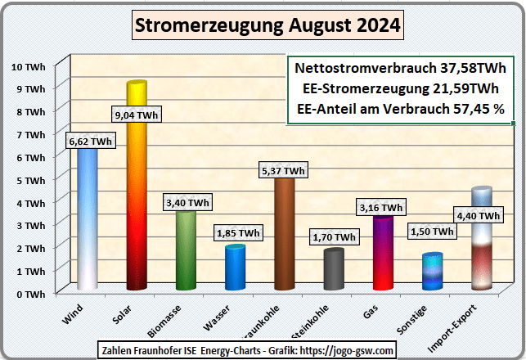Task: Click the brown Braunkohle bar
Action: coord(284,237)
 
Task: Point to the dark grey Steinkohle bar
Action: coord(333,270)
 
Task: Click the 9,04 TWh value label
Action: coord(137,115)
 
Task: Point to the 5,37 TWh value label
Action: coord(284,170)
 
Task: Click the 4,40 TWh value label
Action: coord(479,215)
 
